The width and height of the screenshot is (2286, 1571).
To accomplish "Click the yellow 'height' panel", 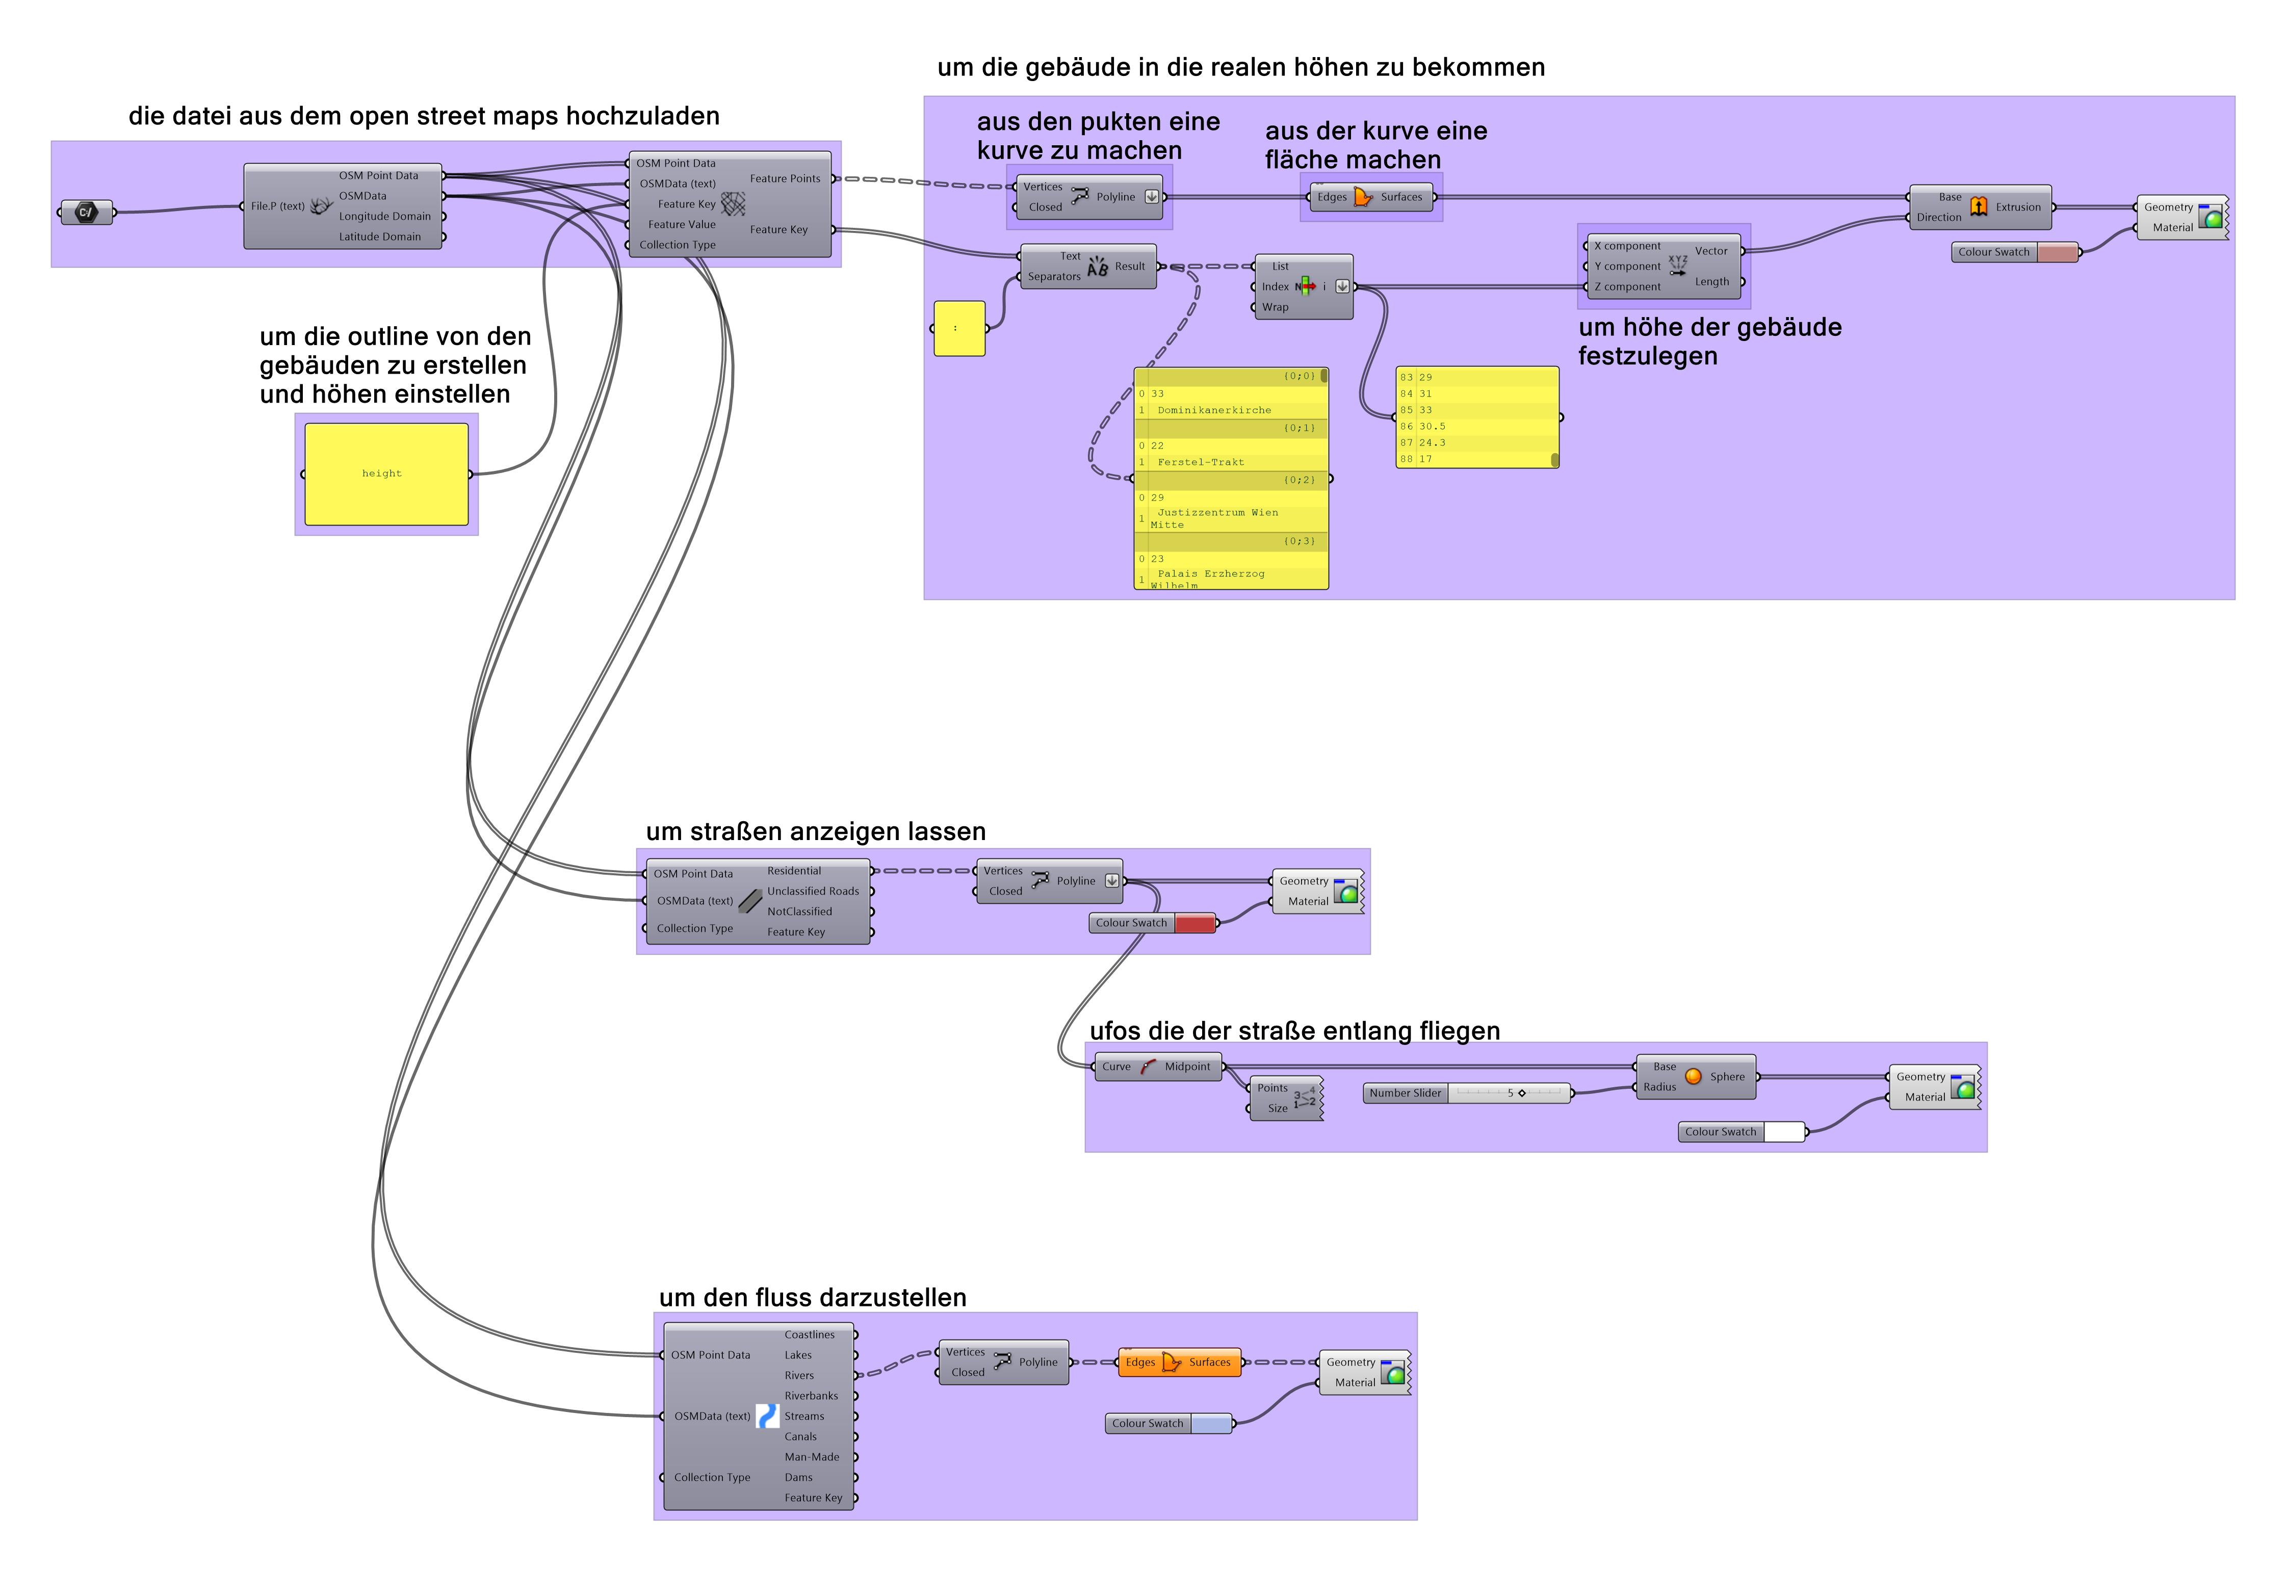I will [386, 474].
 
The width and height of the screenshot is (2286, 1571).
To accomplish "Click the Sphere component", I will [1695, 1077].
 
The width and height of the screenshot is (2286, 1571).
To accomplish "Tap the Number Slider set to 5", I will [1467, 1092].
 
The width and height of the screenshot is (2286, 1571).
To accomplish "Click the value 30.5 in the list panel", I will [1433, 426].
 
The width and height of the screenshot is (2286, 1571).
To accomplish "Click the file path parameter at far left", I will [87, 212].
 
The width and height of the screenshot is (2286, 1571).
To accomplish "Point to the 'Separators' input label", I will [1053, 277].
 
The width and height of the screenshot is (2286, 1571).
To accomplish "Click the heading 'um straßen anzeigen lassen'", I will [815, 832].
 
